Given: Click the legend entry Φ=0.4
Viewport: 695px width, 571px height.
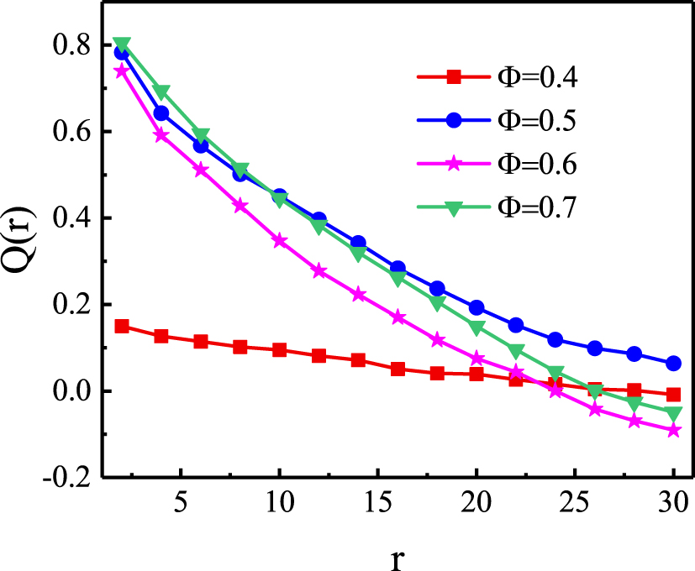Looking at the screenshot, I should [x=497, y=77].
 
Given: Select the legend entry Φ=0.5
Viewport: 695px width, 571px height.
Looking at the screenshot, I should [x=497, y=119].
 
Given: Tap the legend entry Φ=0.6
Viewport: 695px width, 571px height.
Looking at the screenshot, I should [x=497, y=163].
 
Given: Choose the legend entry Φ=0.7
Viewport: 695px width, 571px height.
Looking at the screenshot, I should [x=497, y=207].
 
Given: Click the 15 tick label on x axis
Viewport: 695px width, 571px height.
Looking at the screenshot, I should [x=372, y=507].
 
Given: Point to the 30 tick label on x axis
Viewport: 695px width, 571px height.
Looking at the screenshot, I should [x=673, y=507].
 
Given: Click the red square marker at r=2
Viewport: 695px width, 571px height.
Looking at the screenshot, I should [x=122, y=326].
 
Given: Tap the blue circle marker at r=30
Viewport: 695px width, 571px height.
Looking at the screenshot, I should [x=673, y=364].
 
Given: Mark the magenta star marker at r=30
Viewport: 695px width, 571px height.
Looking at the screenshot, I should [x=673, y=430].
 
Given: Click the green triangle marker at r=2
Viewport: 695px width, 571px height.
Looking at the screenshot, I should [x=122, y=44].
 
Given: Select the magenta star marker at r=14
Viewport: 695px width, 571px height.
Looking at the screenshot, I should [x=358, y=295].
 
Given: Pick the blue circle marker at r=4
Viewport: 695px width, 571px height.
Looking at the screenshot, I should [x=161, y=113].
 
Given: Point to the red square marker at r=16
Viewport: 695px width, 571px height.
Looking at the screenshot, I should [x=398, y=369].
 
